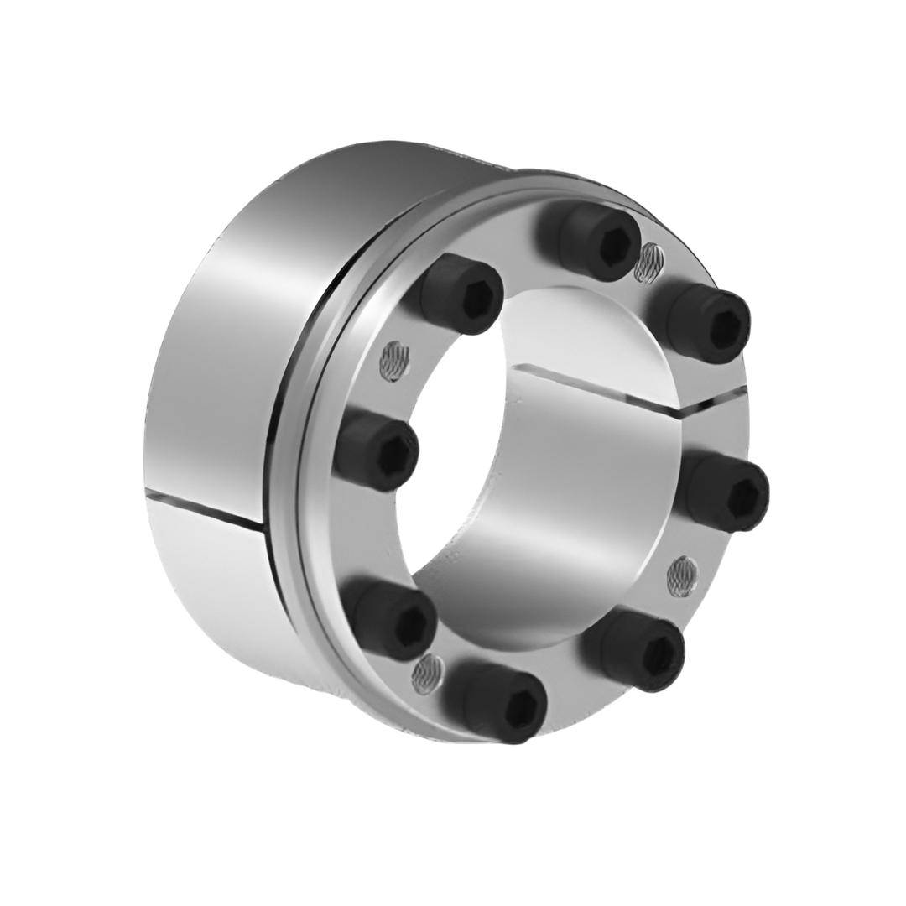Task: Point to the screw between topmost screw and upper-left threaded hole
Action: (461, 294)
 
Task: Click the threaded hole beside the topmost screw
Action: (647, 262)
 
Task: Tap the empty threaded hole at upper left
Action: (393, 362)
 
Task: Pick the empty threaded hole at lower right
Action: (682, 575)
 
